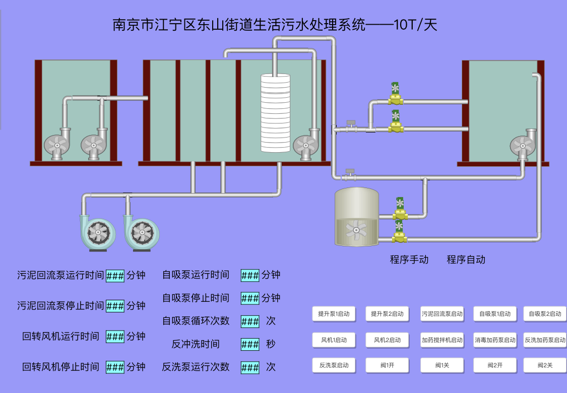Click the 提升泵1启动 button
[334, 314]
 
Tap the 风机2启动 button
[387, 340]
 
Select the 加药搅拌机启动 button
[442, 340]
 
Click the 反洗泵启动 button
[334, 365]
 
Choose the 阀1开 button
[387, 365]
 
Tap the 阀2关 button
[545, 365]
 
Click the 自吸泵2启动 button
[545, 314]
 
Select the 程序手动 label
[409, 259]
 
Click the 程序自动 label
[466, 259]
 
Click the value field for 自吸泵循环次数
[250, 321]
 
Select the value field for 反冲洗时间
[250, 345]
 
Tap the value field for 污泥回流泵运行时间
[115, 276]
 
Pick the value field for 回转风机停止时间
[115, 367]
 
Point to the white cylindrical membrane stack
[276, 113]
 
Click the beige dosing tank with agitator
[356, 217]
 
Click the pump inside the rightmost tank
[523, 145]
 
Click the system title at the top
[275, 25]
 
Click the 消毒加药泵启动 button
[495, 340]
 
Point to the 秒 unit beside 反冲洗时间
[271, 344]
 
